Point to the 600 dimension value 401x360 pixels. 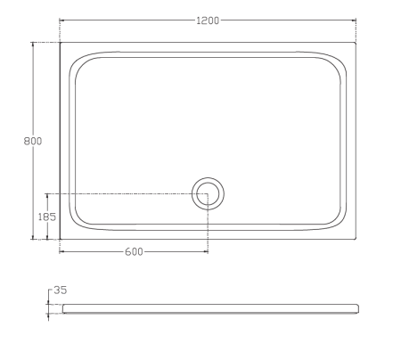click(134, 251)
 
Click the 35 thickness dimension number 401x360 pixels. click(61, 290)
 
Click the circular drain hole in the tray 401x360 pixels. click(208, 192)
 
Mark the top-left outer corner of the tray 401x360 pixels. click(60, 42)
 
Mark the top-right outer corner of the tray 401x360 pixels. click(356, 42)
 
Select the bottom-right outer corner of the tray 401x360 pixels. click(356, 239)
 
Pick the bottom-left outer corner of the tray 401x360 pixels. click(60, 239)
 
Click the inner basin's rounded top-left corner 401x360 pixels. click(78, 61)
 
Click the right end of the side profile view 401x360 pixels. click(358, 307)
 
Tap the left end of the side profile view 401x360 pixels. click(61, 307)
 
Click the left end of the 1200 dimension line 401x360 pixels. click(60, 20)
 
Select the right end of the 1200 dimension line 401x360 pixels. click(356, 20)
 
